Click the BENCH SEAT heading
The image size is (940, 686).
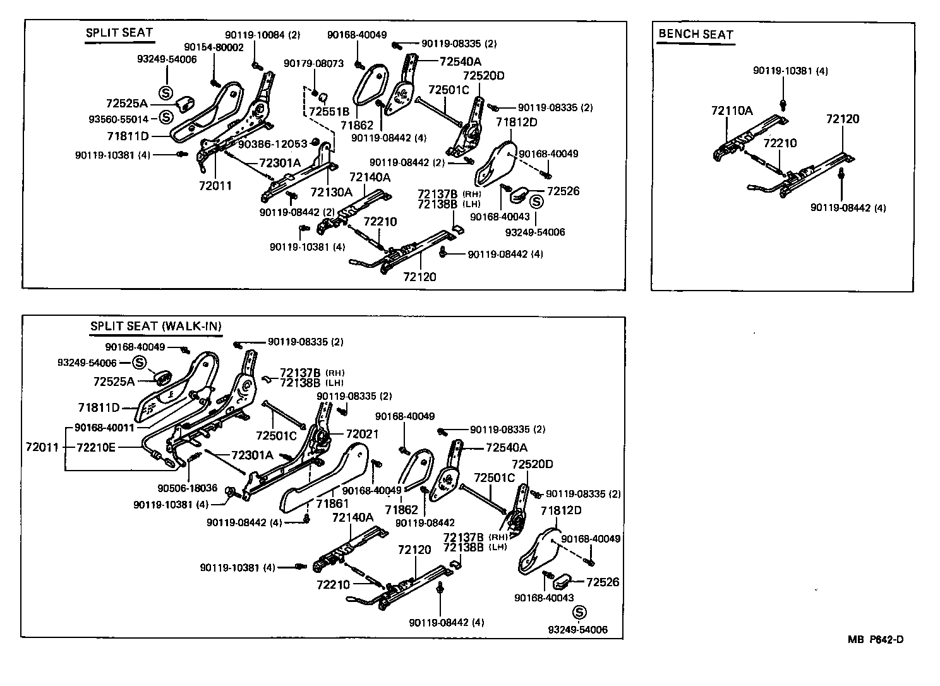pos(695,34)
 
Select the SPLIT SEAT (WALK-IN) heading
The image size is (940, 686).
pos(155,327)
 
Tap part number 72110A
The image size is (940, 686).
pos(732,111)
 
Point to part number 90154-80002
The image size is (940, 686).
pos(214,47)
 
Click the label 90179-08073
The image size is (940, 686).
pos(313,64)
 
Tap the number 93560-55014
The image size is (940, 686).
pos(126,119)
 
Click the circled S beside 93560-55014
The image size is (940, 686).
pos(166,117)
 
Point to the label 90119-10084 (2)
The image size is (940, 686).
pos(263,35)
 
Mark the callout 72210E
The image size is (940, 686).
pos(96,447)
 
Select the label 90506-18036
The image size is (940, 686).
pos(187,488)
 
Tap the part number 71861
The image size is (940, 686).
pos(332,503)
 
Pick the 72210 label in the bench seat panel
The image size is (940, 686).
pos(780,143)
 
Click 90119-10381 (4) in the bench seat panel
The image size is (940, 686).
pos(790,71)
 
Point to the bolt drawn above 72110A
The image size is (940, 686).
pos(783,102)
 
